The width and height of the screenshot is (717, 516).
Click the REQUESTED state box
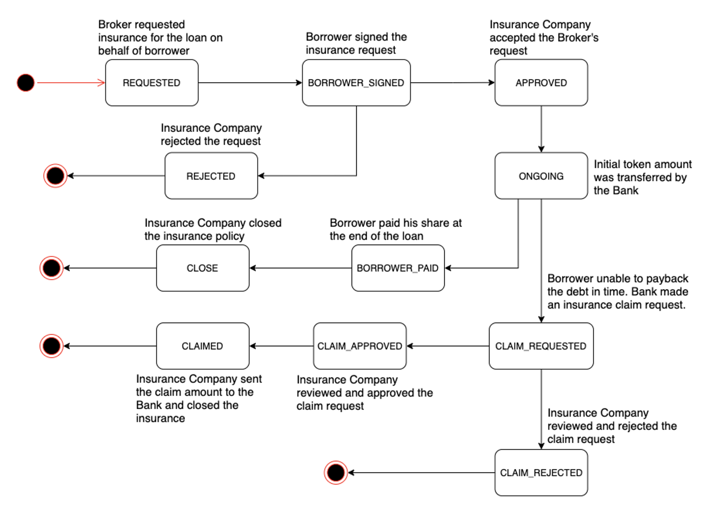coord(152,83)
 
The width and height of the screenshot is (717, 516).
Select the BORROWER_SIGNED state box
coord(356,83)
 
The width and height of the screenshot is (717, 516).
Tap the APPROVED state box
coord(541,83)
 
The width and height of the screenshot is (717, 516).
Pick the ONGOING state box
coord(541,176)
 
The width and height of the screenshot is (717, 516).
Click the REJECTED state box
coord(211,176)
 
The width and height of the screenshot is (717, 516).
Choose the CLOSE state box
coord(203,268)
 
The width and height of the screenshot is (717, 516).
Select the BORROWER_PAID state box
coord(398,268)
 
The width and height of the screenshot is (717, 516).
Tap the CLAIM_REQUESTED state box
coord(541,346)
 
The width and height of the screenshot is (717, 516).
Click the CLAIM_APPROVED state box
coord(360,346)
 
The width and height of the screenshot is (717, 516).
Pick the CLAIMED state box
coord(203,346)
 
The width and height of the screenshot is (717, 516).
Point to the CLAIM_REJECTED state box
coord(541,473)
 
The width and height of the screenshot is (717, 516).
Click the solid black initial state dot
coord(25,83)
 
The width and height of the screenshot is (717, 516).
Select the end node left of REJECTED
coord(56,176)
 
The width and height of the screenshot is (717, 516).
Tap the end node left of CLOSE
coord(52,268)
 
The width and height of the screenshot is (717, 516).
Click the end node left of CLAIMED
coord(52,346)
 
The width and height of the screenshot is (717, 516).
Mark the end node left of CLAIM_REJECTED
coord(336,473)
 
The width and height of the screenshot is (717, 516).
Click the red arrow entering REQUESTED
coord(71,83)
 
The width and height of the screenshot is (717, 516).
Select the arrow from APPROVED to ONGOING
coord(541,129)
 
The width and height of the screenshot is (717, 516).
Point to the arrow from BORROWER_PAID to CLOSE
coord(301,268)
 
